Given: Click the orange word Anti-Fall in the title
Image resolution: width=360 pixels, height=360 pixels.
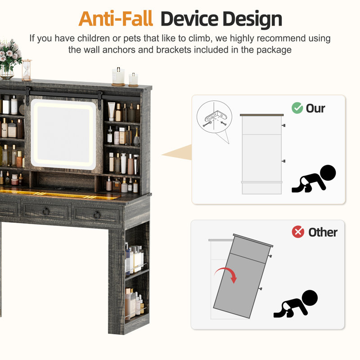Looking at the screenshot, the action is point(116,19).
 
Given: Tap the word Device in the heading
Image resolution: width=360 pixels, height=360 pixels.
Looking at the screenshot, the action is point(189,19).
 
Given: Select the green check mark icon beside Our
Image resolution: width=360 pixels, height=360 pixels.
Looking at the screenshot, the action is point(297,108).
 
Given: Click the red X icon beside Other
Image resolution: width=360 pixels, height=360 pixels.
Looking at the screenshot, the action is point(298,232).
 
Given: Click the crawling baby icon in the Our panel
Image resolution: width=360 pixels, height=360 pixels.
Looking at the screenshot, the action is point(314,179).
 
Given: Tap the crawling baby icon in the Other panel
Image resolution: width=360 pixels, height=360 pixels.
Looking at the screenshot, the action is point(296,304).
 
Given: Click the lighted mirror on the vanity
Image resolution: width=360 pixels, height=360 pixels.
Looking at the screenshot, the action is point(63,134).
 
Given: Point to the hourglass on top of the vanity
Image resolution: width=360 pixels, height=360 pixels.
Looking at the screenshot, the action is point(27,70).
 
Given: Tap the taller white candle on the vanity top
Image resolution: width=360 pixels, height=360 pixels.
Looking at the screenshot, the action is point(118,76).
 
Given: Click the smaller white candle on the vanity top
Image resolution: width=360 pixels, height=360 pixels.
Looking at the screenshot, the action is point(133,80).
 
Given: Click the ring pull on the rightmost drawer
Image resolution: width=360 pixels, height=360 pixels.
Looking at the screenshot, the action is point(97,215).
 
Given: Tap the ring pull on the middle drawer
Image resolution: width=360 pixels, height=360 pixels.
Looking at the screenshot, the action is point(46,211).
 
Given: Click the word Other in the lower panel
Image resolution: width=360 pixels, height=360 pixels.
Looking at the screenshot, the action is point(323,232).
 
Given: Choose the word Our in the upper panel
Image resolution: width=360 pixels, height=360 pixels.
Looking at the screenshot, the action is point(315,108).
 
